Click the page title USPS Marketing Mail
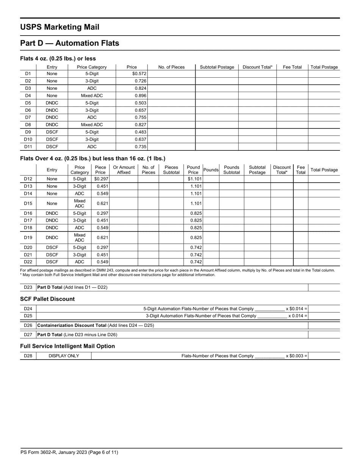click(59, 27)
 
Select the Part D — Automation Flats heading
click(69, 43)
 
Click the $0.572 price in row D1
click(139, 73)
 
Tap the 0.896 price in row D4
click(140, 95)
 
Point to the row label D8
click(28, 124)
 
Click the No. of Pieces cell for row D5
click(171, 103)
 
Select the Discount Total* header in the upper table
click(257, 67)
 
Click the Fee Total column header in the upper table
click(292, 67)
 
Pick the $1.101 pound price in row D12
click(194, 179)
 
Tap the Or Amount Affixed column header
click(124, 170)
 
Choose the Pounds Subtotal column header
click(232, 170)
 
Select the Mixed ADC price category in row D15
click(80, 203)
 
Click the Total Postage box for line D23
click(324, 287)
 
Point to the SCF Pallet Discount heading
click(47, 299)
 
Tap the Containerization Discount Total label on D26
click(72, 325)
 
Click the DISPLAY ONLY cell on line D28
click(64, 356)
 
